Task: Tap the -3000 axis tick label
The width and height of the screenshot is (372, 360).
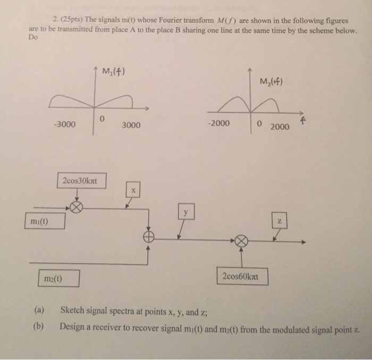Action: click(64, 125)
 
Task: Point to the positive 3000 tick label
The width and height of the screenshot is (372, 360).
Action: click(131, 125)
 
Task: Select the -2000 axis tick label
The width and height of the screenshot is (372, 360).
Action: click(219, 124)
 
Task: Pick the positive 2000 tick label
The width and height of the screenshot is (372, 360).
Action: click(279, 127)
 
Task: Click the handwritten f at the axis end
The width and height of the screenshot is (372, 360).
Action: click(303, 123)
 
